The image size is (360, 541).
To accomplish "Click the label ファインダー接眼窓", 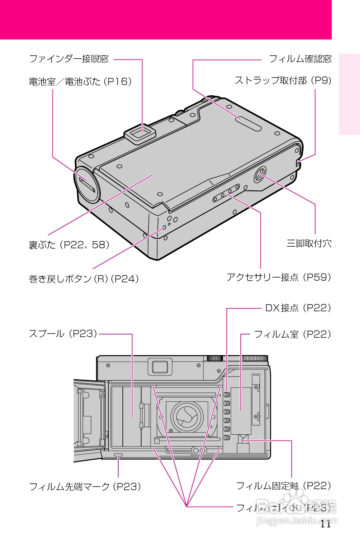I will [x=69, y=59].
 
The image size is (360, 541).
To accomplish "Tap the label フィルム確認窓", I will [x=300, y=59].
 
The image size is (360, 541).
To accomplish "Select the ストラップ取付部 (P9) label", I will [x=283, y=81].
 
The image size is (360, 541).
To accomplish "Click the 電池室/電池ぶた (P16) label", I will [x=80, y=82].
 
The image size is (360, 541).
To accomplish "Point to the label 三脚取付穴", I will [x=309, y=243].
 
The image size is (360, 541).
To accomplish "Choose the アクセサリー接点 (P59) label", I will [x=279, y=277].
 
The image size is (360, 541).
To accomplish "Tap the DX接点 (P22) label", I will [x=298, y=308].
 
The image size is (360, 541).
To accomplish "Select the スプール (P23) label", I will [x=63, y=334].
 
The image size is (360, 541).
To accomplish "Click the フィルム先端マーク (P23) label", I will [x=85, y=487].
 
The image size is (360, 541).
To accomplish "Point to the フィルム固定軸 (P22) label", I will [x=283, y=486].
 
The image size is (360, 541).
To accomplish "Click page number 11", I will [x=325, y=524].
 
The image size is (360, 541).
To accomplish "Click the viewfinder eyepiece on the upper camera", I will [x=140, y=132].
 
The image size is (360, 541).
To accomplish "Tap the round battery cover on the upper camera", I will [x=87, y=185].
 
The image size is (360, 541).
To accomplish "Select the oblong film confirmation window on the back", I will [x=248, y=123].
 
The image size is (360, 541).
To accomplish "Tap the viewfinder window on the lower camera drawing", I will [x=160, y=367].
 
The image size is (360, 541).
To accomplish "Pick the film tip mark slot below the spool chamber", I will [x=118, y=455].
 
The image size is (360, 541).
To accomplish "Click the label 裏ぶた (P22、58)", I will [x=69, y=245].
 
